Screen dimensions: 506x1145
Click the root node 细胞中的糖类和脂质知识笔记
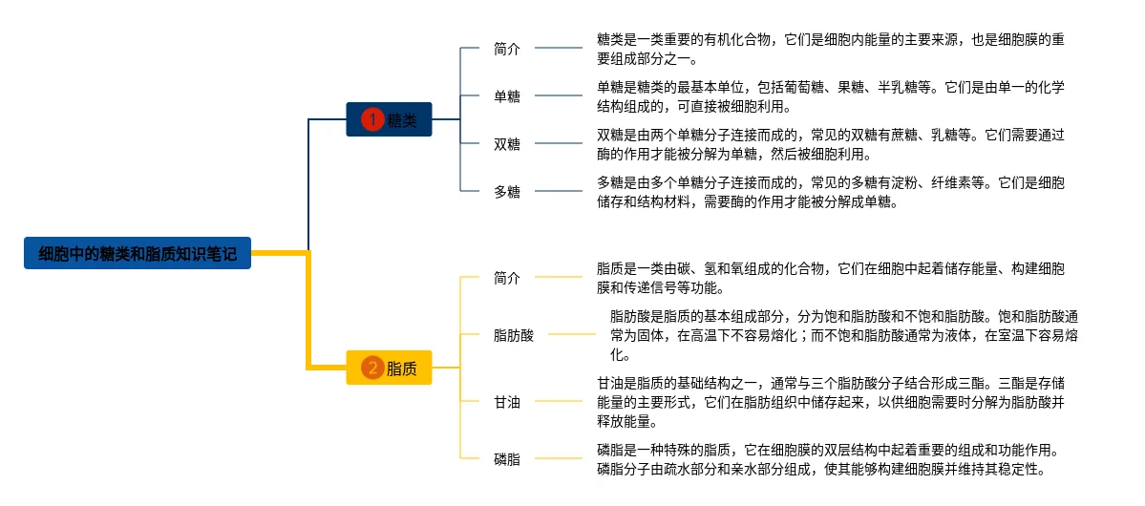pyautogui.click(x=138, y=253)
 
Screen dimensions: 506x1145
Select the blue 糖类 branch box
pyautogui.click(x=389, y=119)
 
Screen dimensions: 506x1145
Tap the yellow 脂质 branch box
pyautogui.click(x=389, y=368)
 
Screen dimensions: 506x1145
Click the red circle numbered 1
pyautogui.click(x=372, y=119)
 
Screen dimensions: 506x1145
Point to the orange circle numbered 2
pyautogui.click(x=372, y=368)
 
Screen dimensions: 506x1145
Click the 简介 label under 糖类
pyautogui.click(x=507, y=48)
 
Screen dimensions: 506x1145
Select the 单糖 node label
pyautogui.click(x=507, y=95)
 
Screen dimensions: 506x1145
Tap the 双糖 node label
pyautogui.click(x=507, y=144)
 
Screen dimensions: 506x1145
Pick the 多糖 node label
pyautogui.click(x=507, y=192)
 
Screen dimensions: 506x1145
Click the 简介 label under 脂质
pyautogui.click(x=507, y=278)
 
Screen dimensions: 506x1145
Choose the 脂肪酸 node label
pyautogui.click(x=514, y=335)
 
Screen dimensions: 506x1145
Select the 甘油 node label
pyautogui.click(x=507, y=402)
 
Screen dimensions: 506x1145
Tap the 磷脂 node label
pyautogui.click(x=507, y=459)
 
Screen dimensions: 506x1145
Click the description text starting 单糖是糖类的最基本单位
pyautogui.click(x=830, y=95)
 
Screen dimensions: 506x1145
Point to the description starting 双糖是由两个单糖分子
pyautogui.click(x=830, y=143)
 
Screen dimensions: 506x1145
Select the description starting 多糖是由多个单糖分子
pyautogui.click(x=830, y=191)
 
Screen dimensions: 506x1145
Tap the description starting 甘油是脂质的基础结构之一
pyautogui.click(x=830, y=401)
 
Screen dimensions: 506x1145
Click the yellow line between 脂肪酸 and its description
pyautogui.click(x=571, y=335)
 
